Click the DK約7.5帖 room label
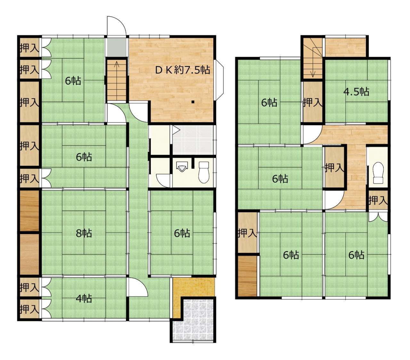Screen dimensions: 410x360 point(182,70)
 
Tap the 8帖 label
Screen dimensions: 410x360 point(84,233)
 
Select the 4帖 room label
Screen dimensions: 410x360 point(84,298)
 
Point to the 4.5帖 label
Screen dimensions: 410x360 point(356,92)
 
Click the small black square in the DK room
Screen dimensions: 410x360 point(193,102)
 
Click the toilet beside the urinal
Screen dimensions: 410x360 point(204,172)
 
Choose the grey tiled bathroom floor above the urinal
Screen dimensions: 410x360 point(193,140)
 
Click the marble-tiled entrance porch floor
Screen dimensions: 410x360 point(193,320)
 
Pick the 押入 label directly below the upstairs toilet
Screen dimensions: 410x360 point(378,200)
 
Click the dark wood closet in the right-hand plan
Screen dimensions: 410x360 point(247,276)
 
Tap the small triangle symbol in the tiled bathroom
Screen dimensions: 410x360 point(176,129)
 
